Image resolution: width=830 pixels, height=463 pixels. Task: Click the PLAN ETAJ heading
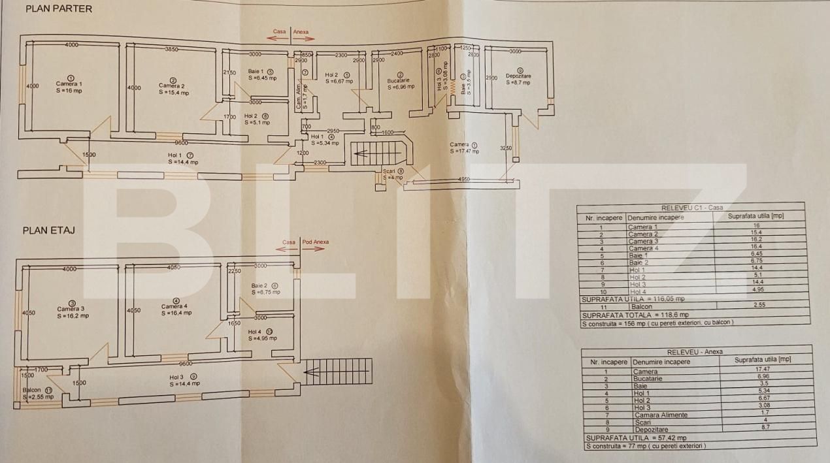[x=49, y=231]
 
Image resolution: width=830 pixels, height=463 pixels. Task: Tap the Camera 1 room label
[x=69, y=84]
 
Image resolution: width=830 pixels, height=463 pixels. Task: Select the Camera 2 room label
[x=172, y=86]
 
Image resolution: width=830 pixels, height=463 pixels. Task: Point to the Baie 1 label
[x=256, y=71]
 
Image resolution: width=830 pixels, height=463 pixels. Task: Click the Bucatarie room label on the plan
[x=399, y=80]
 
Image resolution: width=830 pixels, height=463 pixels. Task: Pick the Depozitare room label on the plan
[x=518, y=76]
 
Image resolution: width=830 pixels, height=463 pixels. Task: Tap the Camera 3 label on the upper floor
[x=71, y=309]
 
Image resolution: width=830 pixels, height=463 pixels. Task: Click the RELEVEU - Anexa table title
[x=695, y=351]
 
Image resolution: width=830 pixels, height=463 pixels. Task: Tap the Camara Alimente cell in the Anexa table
[x=660, y=415]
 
